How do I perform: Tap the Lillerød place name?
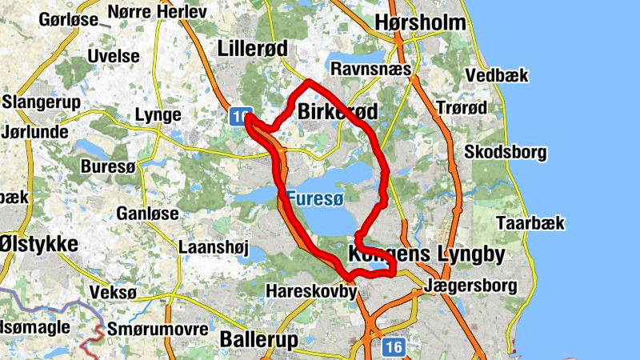coord(252,49)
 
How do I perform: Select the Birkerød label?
coord(336,113)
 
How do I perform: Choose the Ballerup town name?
coord(258,339)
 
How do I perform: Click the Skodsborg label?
coord(506,152)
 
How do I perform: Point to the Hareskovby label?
coord(310,291)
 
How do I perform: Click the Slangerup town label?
coord(38,102)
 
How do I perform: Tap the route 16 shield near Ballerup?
coord(392,346)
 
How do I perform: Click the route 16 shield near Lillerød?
coord(238,117)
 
